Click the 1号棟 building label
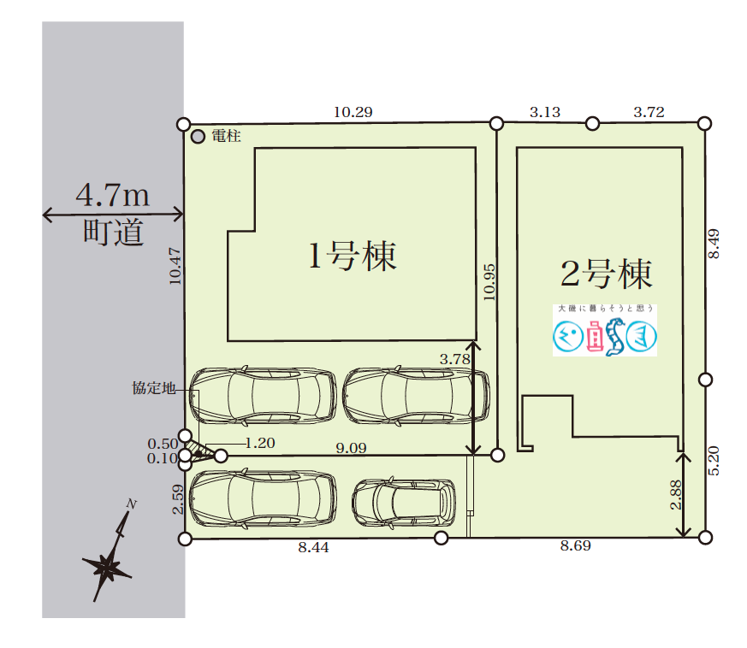(x=352, y=256)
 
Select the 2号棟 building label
(x=606, y=274)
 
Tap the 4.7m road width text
(x=112, y=196)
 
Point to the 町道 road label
(x=112, y=233)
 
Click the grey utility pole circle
(x=198, y=136)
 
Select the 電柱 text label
(x=226, y=136)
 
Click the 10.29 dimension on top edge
(x=353, y=112)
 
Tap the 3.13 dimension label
(x=544, y=112)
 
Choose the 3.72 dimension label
(x=648, y=112)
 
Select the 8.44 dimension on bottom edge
(x=313, y=547)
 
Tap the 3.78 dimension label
(x=454, y=360)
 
